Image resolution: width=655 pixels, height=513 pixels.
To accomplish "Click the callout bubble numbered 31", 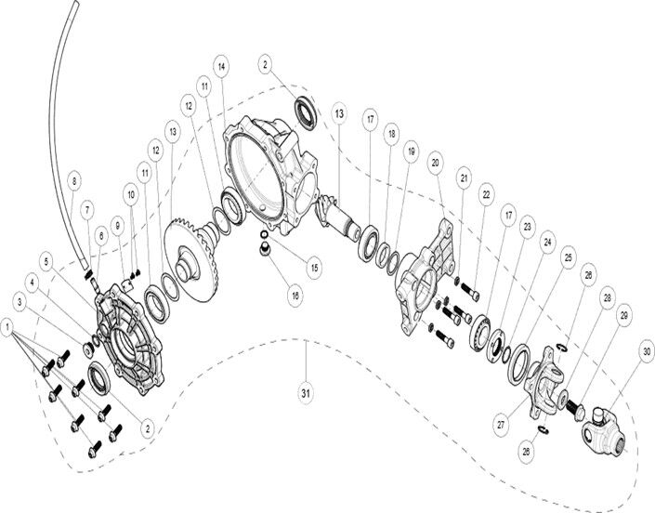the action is coord(307,393).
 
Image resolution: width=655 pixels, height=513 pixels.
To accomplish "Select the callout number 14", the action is coord(221,66).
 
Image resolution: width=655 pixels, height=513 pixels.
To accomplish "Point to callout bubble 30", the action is coord(647,352).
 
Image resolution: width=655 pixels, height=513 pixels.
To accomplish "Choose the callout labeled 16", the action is coord(295,296).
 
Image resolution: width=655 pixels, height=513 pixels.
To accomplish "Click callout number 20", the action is coord(436,163).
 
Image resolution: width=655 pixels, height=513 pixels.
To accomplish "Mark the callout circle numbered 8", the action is coord(74,182).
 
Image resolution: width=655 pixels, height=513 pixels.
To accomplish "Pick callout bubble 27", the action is coord(501,425).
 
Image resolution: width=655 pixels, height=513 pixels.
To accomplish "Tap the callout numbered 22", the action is coord(486,194).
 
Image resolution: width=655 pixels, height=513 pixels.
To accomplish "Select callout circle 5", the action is coord(46,262).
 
